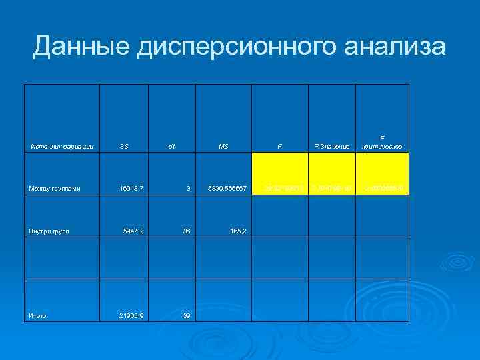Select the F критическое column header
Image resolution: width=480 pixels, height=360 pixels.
(382, 142)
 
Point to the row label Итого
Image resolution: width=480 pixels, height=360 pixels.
(37, 315)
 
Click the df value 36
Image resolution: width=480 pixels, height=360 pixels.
(187, 231)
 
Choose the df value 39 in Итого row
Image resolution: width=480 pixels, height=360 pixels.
(187, 315)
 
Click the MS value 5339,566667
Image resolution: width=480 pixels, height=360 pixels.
(227, 189)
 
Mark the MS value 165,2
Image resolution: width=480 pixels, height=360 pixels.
(238, 231)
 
